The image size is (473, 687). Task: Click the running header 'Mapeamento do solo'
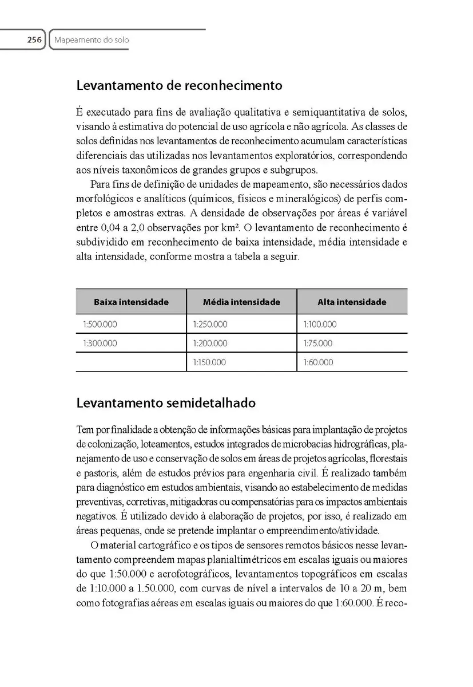91,40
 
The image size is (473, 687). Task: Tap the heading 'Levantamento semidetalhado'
166,403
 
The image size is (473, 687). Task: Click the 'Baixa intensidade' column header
131,302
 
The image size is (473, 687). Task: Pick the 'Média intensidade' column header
241,302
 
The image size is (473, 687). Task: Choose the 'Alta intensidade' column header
352,302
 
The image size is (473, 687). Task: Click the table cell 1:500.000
100,324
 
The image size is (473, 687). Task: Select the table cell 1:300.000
100,343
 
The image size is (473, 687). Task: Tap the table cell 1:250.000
210,324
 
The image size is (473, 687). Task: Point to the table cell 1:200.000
210,343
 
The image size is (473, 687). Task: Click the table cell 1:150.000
210,362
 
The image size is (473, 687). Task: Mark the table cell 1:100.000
320,324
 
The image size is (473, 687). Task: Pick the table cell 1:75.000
318,343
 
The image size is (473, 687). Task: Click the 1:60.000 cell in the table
318,362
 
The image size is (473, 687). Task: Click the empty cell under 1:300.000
131,362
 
